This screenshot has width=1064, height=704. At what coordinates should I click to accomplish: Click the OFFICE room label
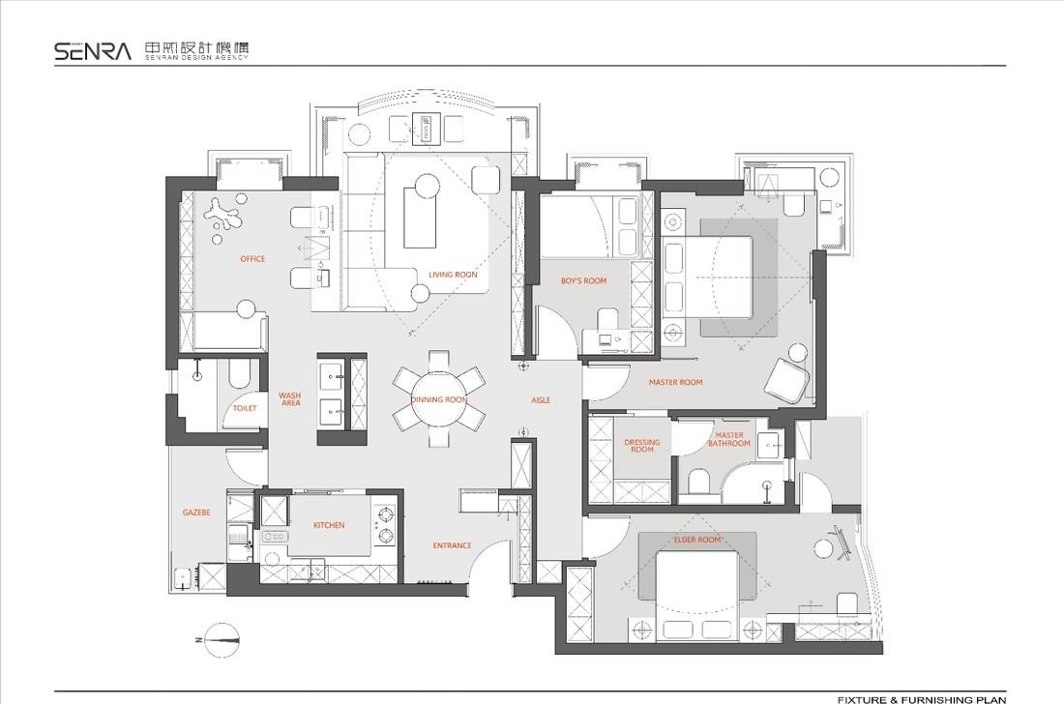tap(252, 258)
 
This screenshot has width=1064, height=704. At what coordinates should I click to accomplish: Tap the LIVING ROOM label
tap(453, 275)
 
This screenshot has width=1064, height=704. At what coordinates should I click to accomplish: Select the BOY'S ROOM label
tap(583, 280)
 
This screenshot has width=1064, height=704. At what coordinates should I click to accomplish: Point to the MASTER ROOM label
tap(675, 383)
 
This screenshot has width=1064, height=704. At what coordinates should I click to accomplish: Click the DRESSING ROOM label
tap(642, 446)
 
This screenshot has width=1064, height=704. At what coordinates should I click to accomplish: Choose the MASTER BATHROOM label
tap(729, 439)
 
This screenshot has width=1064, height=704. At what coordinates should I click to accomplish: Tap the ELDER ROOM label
tap(696, 540)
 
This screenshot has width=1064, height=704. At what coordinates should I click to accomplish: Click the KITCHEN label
tap(329, 525)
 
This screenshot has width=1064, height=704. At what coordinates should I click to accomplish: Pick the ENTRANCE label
tap(452, 545)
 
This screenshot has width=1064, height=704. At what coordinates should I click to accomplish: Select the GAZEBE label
tap(196, 513)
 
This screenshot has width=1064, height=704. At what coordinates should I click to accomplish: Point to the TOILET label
tap(245, 408)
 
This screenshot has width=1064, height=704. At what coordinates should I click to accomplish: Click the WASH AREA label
tap(290, 398)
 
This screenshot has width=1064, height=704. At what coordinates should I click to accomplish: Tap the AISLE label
tap(541, 400)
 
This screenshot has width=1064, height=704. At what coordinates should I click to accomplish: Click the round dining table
tap(439, 399)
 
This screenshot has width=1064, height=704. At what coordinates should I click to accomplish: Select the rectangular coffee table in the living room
tap(420, 218)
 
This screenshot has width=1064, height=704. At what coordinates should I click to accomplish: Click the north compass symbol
tap(221, 639)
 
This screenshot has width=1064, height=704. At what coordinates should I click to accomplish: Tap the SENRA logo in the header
tap(93, 51)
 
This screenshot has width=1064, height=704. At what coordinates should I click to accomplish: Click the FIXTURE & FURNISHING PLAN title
tap(922, 699)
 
